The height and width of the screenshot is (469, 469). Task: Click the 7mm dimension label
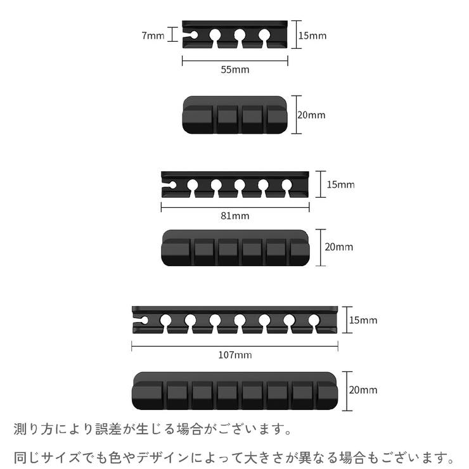(153, 35)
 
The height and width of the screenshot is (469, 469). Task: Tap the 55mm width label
(234, 70)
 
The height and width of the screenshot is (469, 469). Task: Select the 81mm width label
(234, 215)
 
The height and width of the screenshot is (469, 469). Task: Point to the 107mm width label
(234, 355)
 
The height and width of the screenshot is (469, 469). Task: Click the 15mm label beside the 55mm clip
(312, 35)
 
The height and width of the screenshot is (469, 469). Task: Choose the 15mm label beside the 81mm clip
(340, 185)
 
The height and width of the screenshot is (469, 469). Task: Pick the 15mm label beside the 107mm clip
(363, 320)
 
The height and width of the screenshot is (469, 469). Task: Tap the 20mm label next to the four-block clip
(311, 115)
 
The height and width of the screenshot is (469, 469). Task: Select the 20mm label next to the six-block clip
(338, 247)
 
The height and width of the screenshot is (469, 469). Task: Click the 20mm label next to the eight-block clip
(363, 390)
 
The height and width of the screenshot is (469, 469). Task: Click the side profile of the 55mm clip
(234, 35)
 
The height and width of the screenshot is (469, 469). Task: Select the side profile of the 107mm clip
(234, 320)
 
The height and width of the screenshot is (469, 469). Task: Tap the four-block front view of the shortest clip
(234, 115)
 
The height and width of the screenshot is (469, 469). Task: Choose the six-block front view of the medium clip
(234, 247)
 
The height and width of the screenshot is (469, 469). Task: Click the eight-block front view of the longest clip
(234, 390)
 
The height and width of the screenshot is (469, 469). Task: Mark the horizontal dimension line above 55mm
(234, 61)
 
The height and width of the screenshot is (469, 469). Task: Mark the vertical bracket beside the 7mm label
(170, 35)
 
